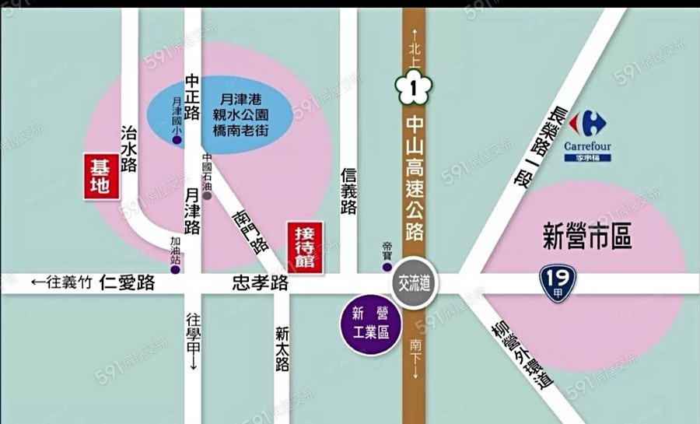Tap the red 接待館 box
(306, 246)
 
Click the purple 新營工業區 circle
(369, 325)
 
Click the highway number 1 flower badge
(414, 90)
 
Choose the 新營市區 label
(587, 237)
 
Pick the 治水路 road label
(129, 147)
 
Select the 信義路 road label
(348, 192)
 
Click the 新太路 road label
(282, 348)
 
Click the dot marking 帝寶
(387, 267)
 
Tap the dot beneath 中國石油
(207, 197)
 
